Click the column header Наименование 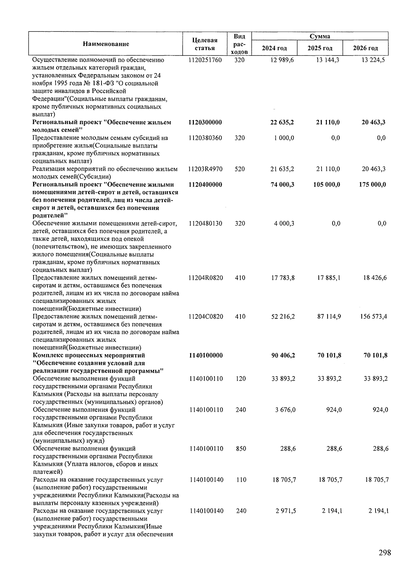pos(106,44)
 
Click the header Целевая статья pos(205,44)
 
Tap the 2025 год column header pos(320,48)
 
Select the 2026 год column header pos(365,48)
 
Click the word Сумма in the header pos(320,36)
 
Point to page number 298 pos(385,553)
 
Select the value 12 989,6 pos(282,60)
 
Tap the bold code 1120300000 pos(205,122)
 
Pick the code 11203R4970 pos(205,169)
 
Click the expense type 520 pos(240,169)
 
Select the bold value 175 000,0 pos(372,185)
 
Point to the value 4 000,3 pos(284,223)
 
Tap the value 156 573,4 pos(373,317)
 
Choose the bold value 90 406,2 pos(283,356)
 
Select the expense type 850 pos(241,449)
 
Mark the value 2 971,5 pos(286,511)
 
